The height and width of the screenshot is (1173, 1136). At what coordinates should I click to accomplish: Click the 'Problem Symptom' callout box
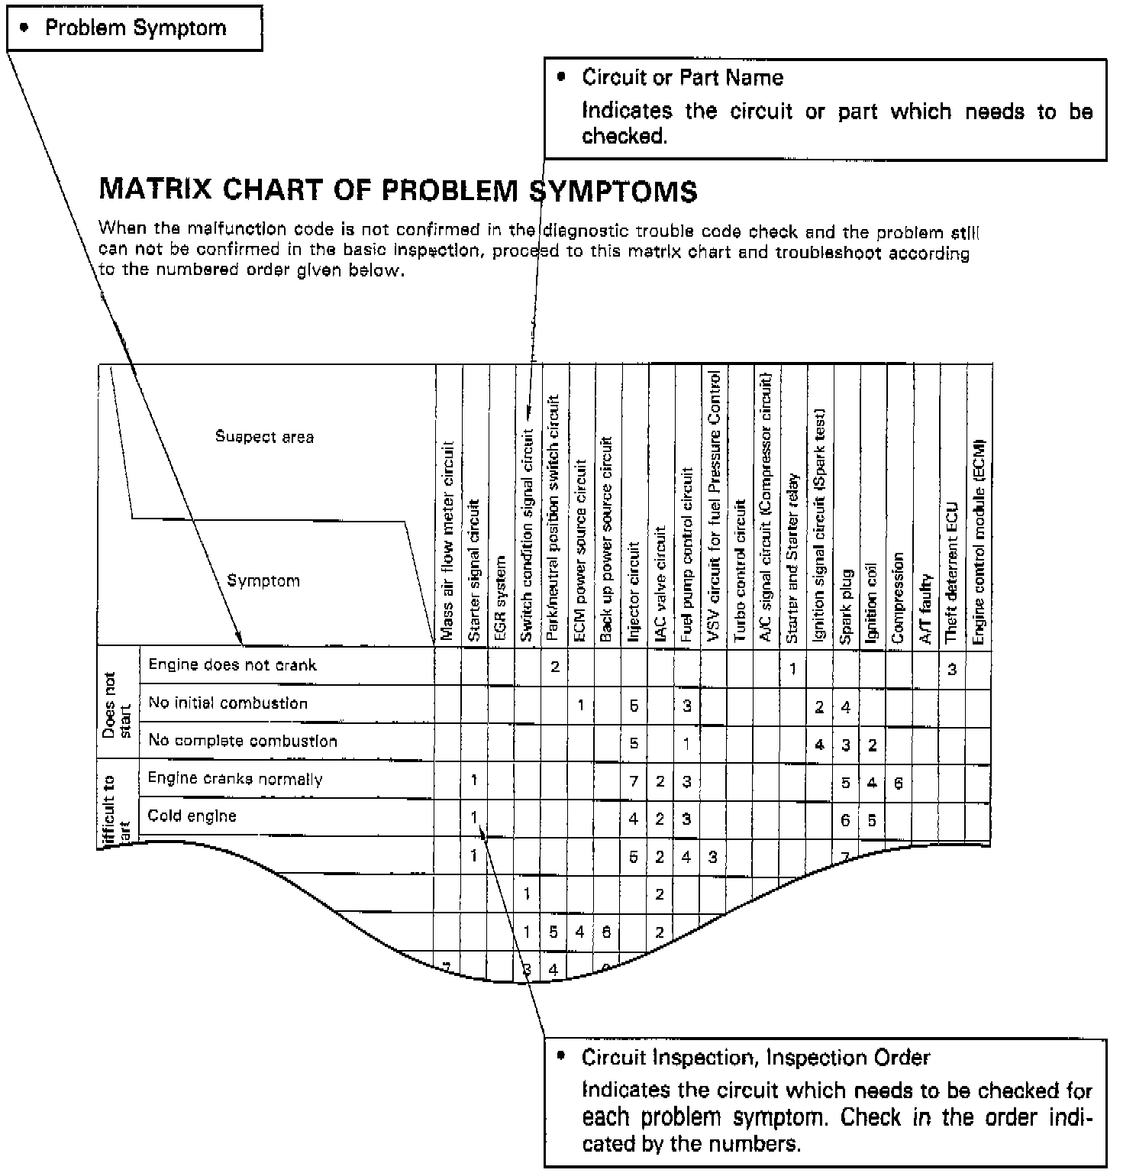(135, 28)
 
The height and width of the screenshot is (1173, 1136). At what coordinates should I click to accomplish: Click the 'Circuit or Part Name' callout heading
(682, 77)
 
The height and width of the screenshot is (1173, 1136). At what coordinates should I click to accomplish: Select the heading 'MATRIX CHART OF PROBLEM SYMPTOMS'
(398, 189)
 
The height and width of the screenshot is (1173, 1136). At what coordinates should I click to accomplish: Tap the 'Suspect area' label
(264, 437)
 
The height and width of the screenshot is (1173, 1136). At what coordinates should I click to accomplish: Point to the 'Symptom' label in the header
(263, 580)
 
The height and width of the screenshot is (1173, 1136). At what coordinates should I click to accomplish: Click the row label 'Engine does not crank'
(232, 664)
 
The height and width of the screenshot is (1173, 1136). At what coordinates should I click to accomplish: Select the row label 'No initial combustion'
(228, 703)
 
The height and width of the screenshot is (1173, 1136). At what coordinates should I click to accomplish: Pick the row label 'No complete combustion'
(242, 740)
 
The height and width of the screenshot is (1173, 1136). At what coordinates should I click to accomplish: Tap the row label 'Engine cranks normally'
(235, 778)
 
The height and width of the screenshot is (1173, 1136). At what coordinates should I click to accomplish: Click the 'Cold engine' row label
(192, 816)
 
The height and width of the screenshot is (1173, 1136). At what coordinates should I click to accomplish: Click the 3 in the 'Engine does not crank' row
(952, 670)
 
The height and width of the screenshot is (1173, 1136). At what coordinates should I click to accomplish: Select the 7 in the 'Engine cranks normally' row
(634, 780)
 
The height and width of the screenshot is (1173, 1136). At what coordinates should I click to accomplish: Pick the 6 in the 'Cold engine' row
(845, 819)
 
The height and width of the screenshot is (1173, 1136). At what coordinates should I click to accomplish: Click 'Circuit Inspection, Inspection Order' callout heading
(755, 1058)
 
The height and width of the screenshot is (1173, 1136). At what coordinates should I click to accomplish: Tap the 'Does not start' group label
(118, 704)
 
